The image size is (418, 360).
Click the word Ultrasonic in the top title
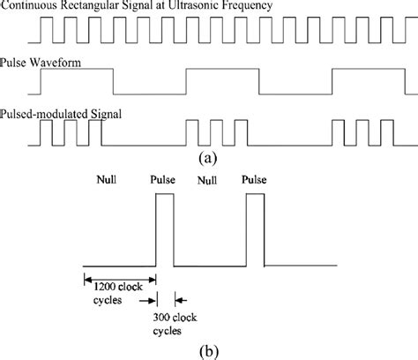218,7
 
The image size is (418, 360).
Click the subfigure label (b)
210,349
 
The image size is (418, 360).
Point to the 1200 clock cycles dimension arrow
119,281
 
